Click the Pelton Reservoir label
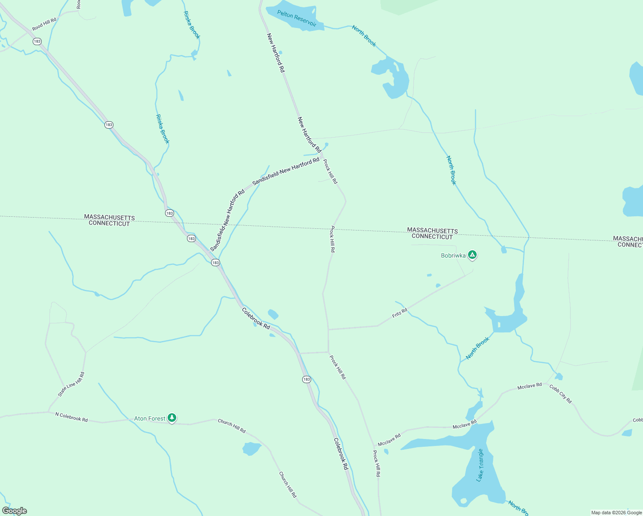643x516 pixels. (297, 19)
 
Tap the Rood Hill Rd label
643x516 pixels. (44, 24)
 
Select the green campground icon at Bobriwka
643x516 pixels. (472, 255)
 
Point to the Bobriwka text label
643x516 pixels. (453, 255)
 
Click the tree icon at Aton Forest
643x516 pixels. (172, 418)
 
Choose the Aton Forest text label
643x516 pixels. (150, 418)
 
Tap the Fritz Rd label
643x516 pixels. (399, 313)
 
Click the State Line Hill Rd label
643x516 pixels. (71, 384)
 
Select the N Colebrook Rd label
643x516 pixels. (71, 417)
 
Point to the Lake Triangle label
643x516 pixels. (480, 465)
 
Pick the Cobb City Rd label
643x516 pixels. (560, 394)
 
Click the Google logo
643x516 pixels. (15, 511)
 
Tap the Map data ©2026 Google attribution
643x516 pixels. (616, 513)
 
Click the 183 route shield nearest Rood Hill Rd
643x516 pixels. (37, 41)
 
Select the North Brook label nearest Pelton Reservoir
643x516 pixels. (364, 36)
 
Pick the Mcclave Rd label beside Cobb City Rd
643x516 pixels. (530, 386)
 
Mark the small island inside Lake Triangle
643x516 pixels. (463, 501)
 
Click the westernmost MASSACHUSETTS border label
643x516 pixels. (109, 217)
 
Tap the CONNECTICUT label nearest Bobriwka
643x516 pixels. (432, 237)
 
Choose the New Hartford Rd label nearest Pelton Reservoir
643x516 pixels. (276, 52)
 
